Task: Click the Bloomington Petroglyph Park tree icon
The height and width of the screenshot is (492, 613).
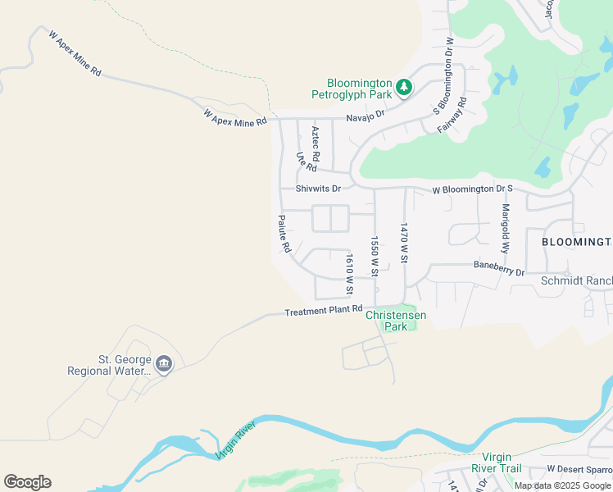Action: point(403,86)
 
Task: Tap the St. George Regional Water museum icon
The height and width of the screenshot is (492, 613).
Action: point(163,364)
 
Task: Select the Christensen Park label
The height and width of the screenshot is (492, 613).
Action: point(396,320)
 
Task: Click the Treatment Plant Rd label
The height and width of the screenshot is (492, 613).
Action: point(323,311)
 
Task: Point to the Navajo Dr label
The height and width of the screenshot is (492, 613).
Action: point(365,117)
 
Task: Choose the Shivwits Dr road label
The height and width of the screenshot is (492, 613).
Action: point(318,188)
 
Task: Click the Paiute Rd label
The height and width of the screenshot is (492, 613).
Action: point(284,233)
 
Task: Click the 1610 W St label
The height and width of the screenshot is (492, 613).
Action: point(349,274)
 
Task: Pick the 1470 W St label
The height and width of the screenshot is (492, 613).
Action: point(404,242)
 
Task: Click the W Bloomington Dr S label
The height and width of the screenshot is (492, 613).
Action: point(472,190)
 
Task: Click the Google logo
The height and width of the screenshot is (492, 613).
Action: point(27,482)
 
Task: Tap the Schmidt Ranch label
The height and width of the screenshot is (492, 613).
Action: point(577,281)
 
